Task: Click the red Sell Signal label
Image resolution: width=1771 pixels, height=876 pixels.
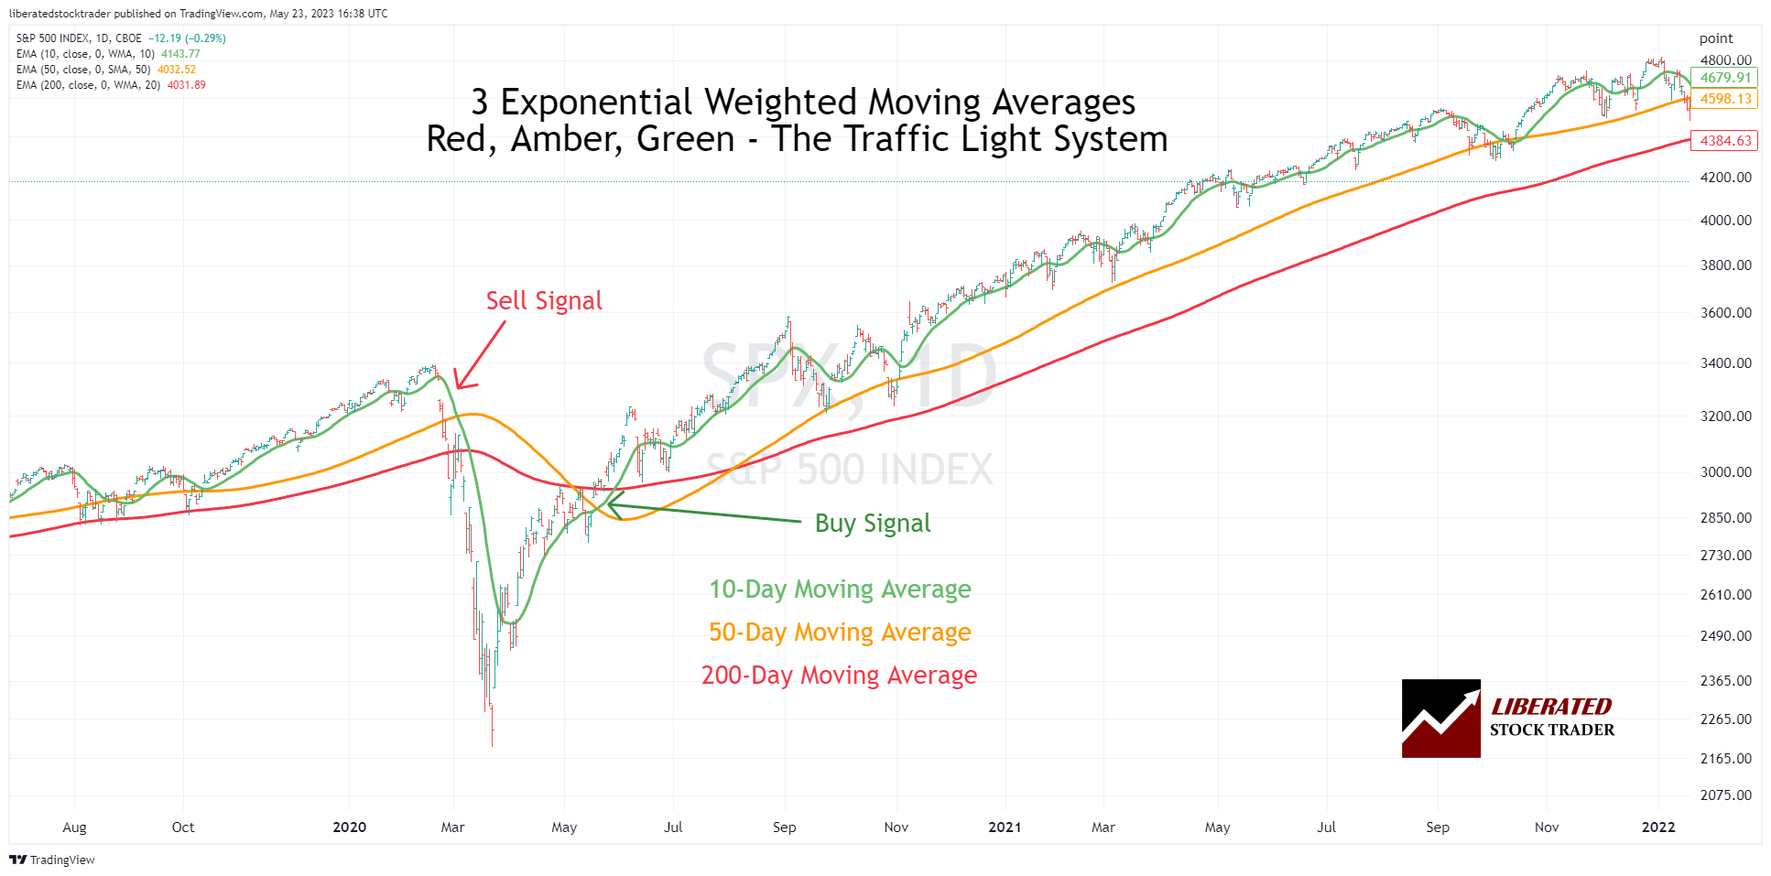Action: pos(544,301)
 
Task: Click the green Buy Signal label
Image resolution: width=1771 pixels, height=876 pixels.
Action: pos(872,524)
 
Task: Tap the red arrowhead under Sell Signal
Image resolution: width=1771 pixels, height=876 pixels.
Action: pos(461,383)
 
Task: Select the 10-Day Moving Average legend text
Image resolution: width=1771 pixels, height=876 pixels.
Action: pos(840,589)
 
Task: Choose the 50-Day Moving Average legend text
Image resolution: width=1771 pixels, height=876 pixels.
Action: pos(840,633)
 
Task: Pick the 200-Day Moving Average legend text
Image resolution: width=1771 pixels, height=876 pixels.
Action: pos(839,676)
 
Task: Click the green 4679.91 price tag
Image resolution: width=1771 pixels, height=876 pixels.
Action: pos(1725,78)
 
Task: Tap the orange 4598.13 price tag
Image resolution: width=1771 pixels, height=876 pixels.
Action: pos(1725,99)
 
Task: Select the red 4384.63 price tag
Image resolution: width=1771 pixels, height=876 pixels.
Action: pos(1725,141)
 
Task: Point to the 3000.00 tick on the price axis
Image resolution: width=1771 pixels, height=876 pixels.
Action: pos(1725,472)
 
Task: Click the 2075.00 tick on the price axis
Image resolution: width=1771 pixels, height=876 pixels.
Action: pos(1725,795)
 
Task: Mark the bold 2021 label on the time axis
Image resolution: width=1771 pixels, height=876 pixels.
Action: pos(1005,827)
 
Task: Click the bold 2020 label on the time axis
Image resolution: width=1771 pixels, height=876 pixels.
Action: pos(349,827)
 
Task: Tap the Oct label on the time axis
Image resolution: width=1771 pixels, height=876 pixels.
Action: pos(183,827)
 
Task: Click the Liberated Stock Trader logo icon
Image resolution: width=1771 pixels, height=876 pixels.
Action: pos(1440,719)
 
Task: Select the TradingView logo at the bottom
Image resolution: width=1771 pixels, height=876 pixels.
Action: pos(52,860)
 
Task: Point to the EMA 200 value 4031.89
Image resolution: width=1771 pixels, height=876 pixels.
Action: pos(186,85)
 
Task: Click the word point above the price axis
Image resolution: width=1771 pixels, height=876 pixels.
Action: pos(1716,38)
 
